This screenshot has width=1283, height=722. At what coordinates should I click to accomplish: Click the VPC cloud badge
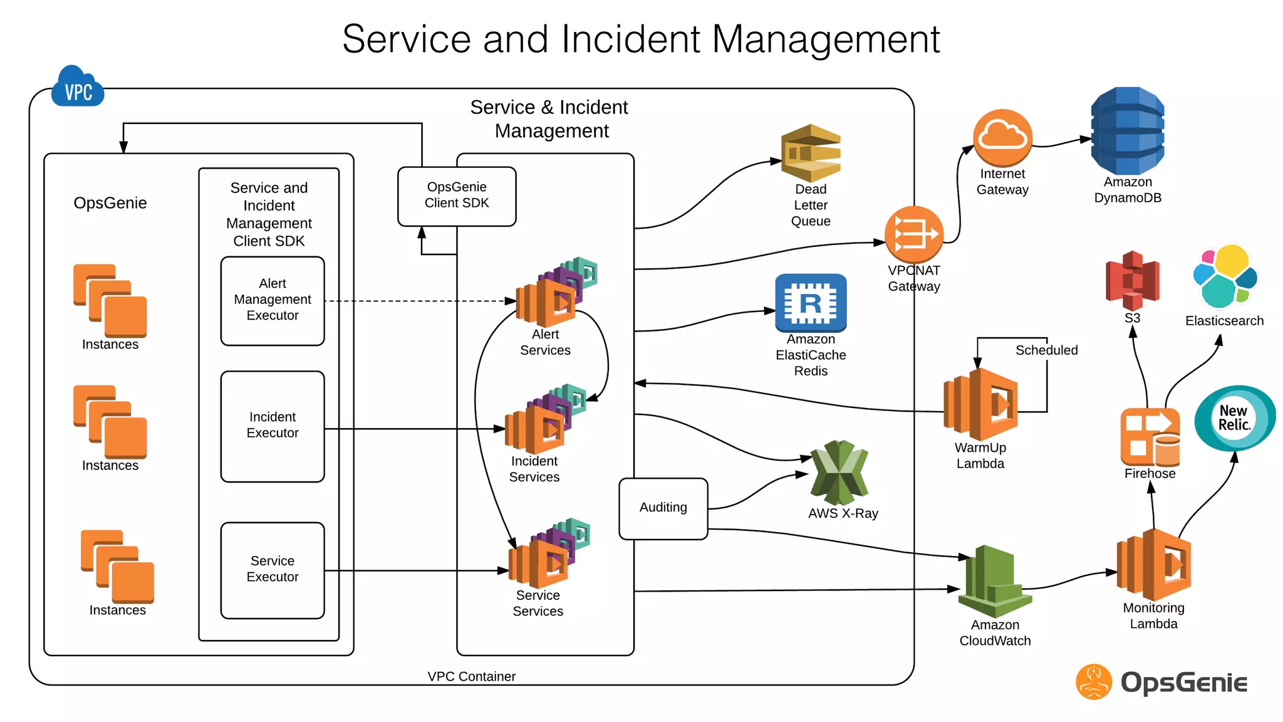click(78, 88)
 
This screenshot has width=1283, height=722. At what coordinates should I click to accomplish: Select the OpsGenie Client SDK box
click(457, 196)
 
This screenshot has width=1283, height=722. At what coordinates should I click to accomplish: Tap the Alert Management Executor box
click(273, 300)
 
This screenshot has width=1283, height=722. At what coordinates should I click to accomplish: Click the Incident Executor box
click(273, 426)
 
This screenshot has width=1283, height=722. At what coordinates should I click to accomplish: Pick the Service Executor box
click(273, 570)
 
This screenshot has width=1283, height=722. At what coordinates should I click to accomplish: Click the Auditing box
click(663, 508)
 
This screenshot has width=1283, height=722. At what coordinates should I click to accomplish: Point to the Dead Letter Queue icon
click(811, 153)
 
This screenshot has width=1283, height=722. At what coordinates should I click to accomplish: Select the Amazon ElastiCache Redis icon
click(811, 303)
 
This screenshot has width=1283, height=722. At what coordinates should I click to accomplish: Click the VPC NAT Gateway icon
click(914, 234)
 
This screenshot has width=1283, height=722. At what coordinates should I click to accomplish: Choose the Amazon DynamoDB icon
click(1127, 131)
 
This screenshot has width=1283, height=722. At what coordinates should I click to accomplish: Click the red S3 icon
click(1132, 280)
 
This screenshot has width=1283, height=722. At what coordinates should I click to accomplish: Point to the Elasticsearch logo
click(1225, 277)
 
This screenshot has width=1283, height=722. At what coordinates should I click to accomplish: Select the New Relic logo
click(1234, 418)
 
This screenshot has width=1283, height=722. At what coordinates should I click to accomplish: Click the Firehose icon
click(1150, 436)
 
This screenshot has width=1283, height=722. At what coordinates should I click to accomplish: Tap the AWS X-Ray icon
click(839, 473)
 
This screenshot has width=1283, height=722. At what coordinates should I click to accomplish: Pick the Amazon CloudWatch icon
click(994, 582)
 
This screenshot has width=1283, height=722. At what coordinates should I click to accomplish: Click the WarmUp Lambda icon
click(981, 404)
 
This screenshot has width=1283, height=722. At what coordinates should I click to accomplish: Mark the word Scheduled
click(1046, 350)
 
